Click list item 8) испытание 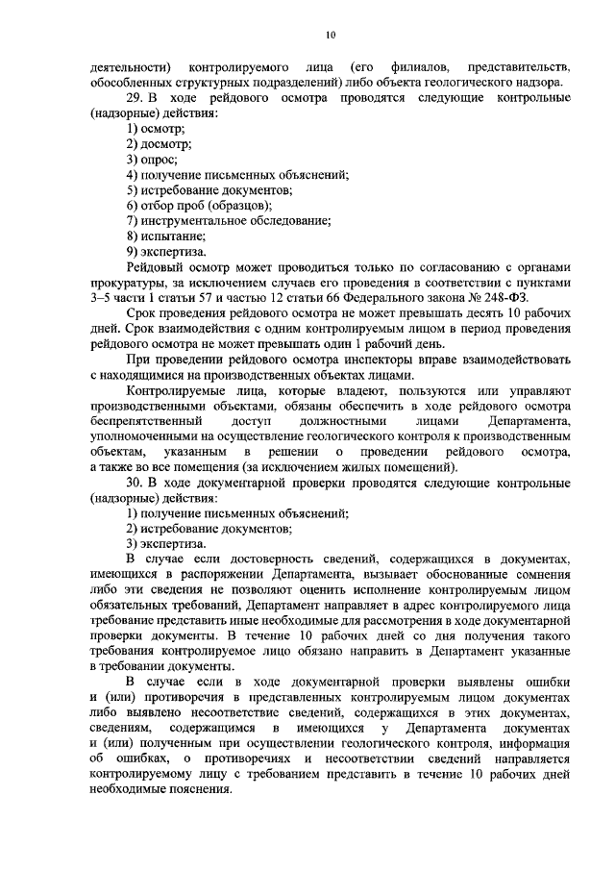pos(165,236)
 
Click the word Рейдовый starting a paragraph pos(155,266)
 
